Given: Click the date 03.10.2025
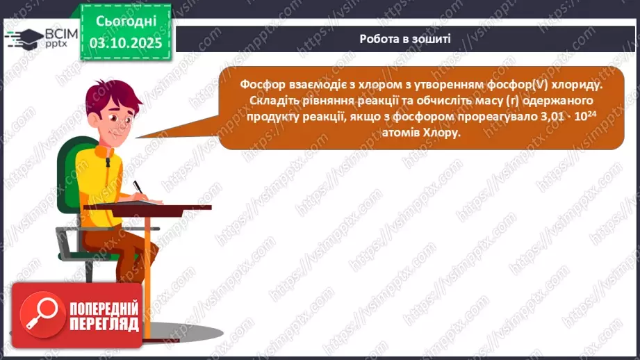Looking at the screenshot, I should (x=125, y=43).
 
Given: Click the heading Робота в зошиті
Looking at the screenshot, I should (x=405, y=39).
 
